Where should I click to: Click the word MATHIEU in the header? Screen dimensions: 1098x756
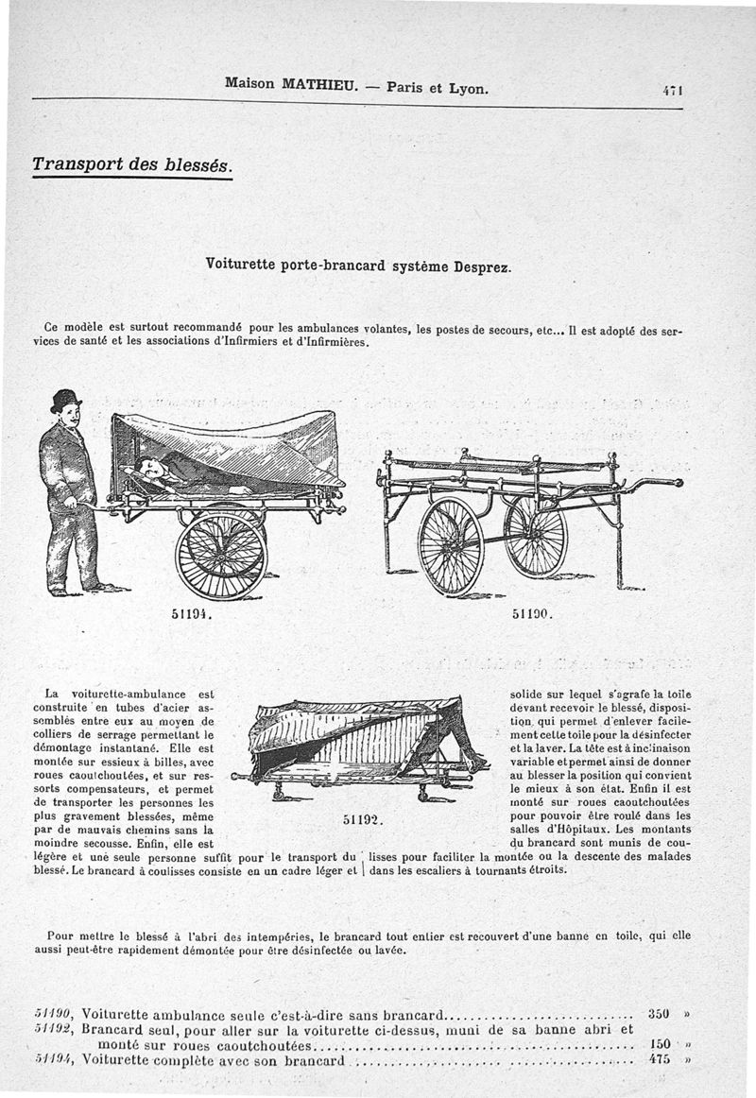pos(319,84)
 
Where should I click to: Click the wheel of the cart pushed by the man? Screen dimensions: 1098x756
pos(220,556)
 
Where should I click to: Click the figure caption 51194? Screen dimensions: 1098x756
pos(192,612)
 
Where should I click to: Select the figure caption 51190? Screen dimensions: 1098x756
pos(531,612)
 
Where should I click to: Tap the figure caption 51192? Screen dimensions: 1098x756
pos(360,818)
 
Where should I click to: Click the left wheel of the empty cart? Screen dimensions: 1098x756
pos(450,547)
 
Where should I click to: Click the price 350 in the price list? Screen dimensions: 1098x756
pos(659,1014)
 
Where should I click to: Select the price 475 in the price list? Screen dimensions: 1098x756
pos(659,1059)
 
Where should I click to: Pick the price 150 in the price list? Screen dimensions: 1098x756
pos(659,1044)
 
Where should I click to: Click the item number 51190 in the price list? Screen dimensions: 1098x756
pos(54,1014)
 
